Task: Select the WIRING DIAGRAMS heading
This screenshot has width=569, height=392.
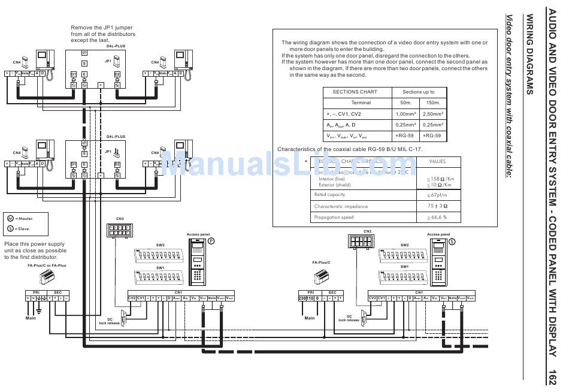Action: click(x=529, y=55)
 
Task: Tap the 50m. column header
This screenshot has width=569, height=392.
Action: click(x=405, y=102)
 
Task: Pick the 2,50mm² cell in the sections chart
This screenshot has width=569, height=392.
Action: click(x=432, y=114)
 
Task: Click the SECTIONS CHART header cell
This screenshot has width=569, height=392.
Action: click(x=355, y=92)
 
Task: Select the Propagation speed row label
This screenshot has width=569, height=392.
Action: click(x=334, y=217)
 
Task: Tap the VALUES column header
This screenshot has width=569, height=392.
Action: click(x=437, y=161)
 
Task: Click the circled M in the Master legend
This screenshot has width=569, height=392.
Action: click(x=10, y=218)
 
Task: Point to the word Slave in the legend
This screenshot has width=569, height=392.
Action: click(x=25, y=228)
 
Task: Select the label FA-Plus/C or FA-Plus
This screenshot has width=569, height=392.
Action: click(x=47, y=265)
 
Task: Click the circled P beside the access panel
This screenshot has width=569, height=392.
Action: click(x=211, y=240)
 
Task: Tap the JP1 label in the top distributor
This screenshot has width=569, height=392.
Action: click(x=108, y=61)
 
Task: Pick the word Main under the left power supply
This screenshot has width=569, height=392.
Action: click(x=31, y=318)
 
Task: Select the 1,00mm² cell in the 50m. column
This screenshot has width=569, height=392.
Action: click(x=405, y=114)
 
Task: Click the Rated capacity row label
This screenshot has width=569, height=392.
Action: click(x=329, y=195)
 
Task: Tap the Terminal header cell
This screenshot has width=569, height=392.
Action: click(x=361, y=102)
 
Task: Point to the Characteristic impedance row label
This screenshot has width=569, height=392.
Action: click(x=341, y=206)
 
